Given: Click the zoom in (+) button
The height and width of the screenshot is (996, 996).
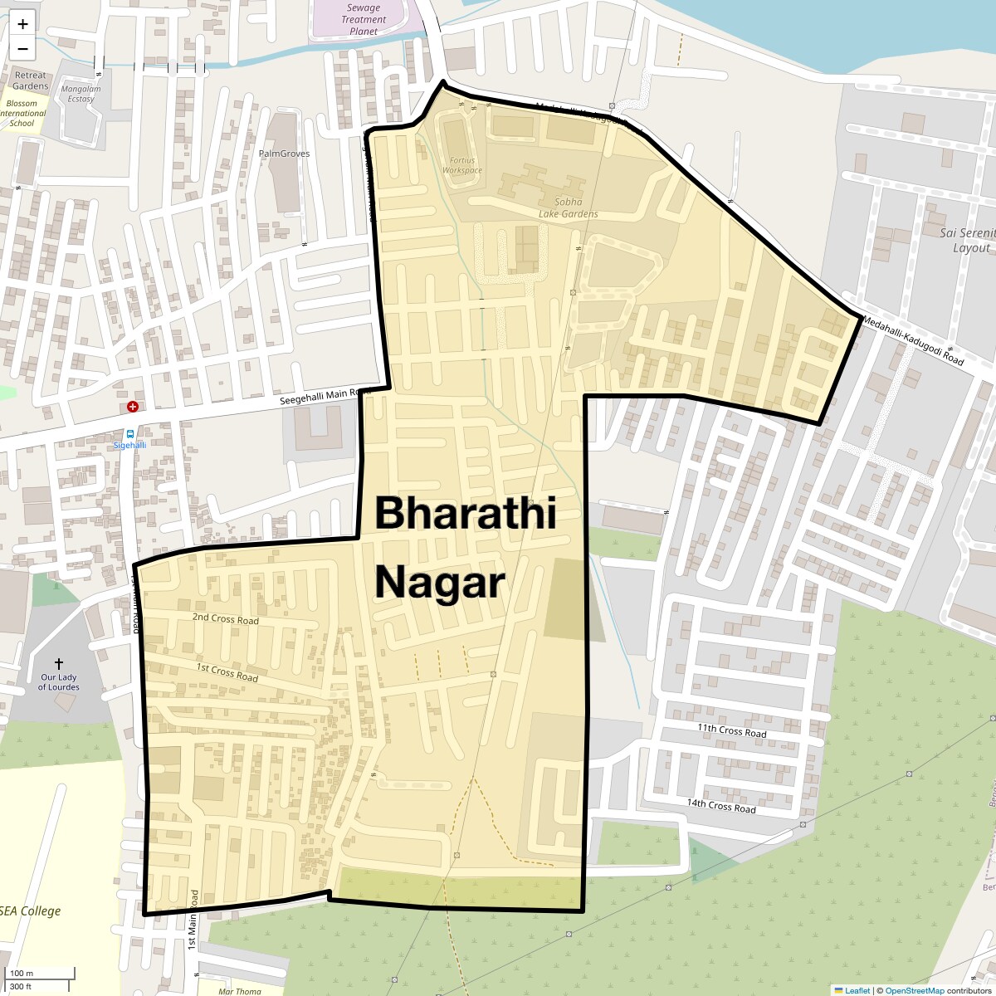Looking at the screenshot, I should [22, 24].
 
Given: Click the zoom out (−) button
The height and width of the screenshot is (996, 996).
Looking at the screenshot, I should [22, 48].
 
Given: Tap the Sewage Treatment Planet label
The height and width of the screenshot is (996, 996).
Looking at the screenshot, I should [364, 19].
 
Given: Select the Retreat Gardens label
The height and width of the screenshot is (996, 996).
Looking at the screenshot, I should [31, 81].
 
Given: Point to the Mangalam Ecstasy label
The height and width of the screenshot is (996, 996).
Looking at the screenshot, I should [81, 94].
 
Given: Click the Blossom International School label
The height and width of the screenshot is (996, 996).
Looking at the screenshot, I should [22, 114].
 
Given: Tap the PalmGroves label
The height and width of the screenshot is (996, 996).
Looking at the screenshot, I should [284, 154].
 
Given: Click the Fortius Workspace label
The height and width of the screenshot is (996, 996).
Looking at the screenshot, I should [462, 165].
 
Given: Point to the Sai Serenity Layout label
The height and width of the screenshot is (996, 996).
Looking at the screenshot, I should [967, 241].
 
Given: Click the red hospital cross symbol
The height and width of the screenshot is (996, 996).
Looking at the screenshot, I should [132, 407].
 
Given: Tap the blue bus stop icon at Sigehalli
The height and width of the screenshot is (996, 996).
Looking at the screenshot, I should [129, 433].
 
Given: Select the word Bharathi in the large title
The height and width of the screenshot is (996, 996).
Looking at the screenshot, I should [465, 513].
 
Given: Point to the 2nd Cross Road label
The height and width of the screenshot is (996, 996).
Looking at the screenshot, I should [225, 618].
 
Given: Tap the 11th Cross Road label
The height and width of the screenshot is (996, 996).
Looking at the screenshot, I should [731, 730].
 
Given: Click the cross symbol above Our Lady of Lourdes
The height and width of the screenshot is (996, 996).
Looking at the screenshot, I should [59, 664].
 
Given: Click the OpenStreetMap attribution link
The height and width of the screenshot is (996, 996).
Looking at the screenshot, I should [914, 990].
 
